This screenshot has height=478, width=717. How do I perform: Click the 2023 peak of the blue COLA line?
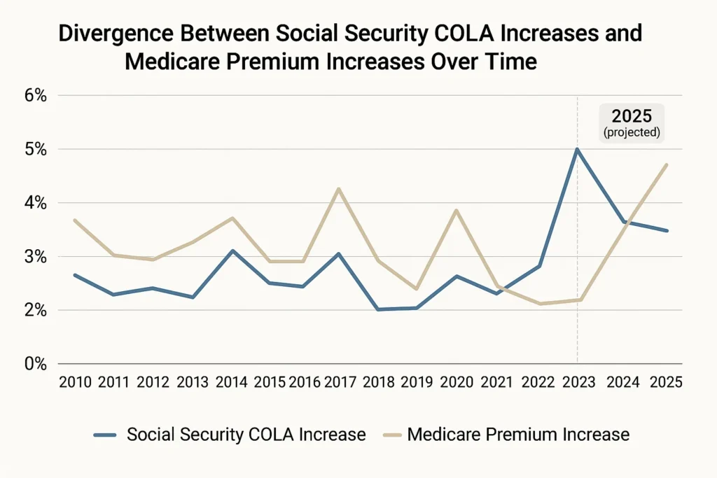click(x=577, y=149)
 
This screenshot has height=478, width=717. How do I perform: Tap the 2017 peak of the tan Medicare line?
click(x=338, y=189)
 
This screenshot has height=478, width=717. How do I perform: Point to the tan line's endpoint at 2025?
click(x=667, y=165)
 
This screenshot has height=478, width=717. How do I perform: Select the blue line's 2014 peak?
click(x=232, y=251)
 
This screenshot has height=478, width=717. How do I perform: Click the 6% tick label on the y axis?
click(x=33, y=96)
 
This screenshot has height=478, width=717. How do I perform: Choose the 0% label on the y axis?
click(x=33, y=364)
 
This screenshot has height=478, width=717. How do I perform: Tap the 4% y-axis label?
click(x=33, y=203)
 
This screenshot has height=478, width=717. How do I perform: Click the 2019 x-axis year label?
click(x=417, y=382)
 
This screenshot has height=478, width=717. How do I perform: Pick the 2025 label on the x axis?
click(x=666, y=382)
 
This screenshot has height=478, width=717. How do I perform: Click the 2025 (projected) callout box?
click(x=632, y=123)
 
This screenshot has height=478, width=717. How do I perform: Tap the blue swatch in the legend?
click(x=104, y=435)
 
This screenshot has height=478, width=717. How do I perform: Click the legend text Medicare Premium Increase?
click(x=518, y=435)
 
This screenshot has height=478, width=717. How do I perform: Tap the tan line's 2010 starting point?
click(x=74, y=220)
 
